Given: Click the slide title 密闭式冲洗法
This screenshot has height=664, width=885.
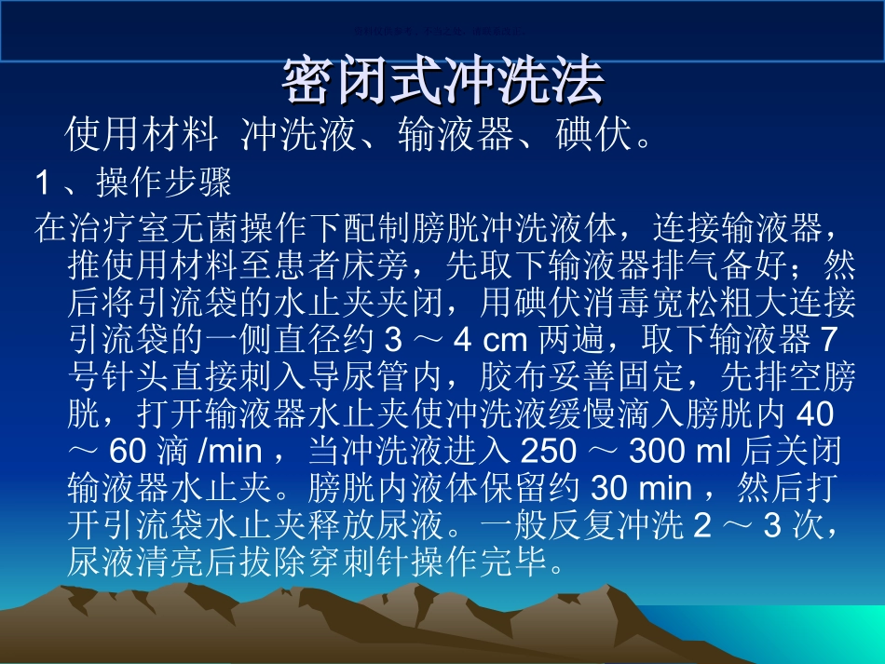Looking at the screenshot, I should click(442, 81).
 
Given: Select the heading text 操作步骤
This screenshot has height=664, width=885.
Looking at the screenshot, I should click(164, 183).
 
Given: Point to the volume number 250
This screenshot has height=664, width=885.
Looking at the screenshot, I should click(550, 452).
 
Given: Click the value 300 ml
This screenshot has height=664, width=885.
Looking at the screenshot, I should click(681, 452).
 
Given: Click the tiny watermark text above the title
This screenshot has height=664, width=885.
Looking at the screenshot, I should click(442, 28).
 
